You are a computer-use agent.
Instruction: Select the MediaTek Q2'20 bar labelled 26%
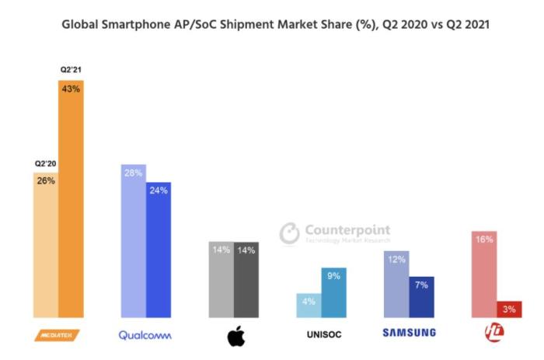point(45,245)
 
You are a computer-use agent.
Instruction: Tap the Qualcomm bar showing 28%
point(133,241)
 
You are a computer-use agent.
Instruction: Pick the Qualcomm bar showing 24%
point(159,249)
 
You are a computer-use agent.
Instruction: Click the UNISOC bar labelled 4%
point(309,305)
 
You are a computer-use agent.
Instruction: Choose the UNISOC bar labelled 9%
point(333,292)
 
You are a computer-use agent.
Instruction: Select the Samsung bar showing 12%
point(396,284)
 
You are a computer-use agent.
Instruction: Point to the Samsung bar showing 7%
point(421,296)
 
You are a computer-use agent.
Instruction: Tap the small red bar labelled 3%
point(509,309)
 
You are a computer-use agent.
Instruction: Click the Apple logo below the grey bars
point(236,336)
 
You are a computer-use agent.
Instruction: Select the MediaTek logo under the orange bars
point(58,334)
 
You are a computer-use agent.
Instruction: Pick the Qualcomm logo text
point(145,334)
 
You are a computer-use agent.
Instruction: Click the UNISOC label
point(322,334)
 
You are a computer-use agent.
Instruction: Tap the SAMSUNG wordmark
point(409,334)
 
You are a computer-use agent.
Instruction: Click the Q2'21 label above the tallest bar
point(71,70)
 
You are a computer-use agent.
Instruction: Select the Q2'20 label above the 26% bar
point(45,163)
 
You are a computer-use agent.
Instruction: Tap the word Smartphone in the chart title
point(137,26)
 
